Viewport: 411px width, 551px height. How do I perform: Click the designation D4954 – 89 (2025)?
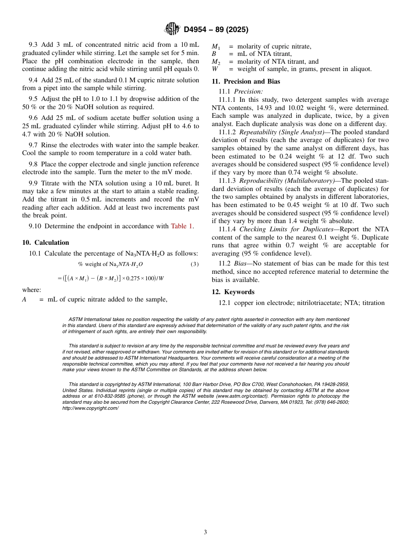pyautogui.click(x=216, y=29)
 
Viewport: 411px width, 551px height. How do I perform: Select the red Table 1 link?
pyautogui.click(x=181, y=226)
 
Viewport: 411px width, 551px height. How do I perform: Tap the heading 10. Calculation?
pyautogui.click(x=45, y=243)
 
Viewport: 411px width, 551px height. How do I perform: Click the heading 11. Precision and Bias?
pyautogui.click(x=245, y=81)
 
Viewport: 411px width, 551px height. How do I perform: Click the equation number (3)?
pyautogui.click(x=195, y=264)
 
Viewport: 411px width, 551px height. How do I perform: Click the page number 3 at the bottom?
pyautogui.click(x=205, y=532)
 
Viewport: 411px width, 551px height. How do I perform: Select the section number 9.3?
pyautogui.click(x=34, y=45)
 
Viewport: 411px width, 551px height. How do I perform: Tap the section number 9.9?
pyautogui.click(x=34, y=184)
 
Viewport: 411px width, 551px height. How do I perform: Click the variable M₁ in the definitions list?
pyautogui.click(x=215, y=47)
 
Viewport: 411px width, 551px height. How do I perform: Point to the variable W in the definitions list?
pyautogui.click(x=215, y=69)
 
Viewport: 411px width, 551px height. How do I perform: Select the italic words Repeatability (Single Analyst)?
pyautogui.click(x=282, y=132)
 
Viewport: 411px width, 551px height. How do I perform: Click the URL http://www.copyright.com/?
pyautogui.click(x=90, y=408)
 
